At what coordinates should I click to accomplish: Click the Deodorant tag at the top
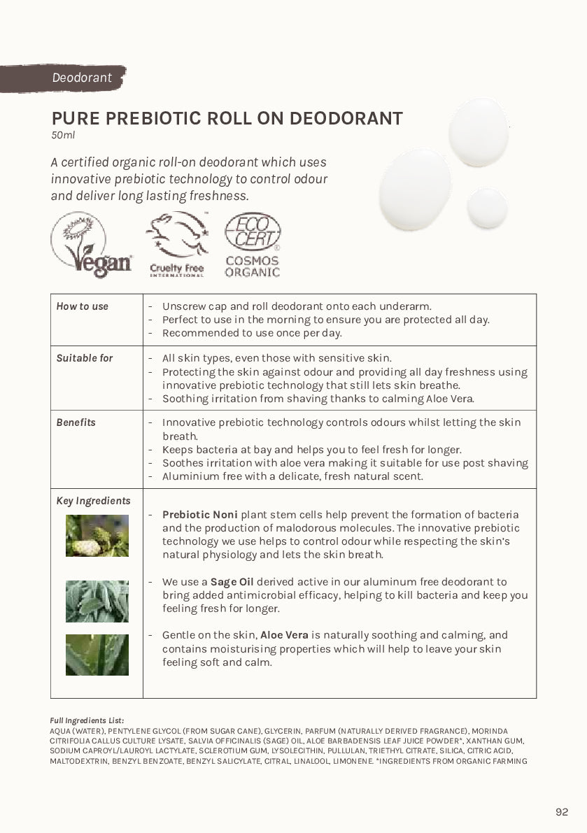coord(81,78)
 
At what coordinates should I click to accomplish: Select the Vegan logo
coord(92,245)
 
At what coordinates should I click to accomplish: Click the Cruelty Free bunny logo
coord(177,244)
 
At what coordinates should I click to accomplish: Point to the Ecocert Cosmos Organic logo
coord(252,245)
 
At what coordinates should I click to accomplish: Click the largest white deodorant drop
coord(415,190)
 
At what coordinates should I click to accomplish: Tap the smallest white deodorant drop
coord(488,207)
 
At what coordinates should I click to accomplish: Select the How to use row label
coord(83,306)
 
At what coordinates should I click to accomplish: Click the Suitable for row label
coord(85,358)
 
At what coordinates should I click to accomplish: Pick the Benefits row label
coord(76,422)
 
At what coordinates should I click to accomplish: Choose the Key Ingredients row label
coord(93,501)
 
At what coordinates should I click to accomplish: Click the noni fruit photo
coord(97,536)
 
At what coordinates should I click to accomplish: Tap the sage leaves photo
coord(97,601)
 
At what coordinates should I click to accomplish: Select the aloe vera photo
coord(97,655)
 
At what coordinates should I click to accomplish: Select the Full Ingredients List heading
coord(87,720)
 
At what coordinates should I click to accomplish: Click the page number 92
coord(562,812)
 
